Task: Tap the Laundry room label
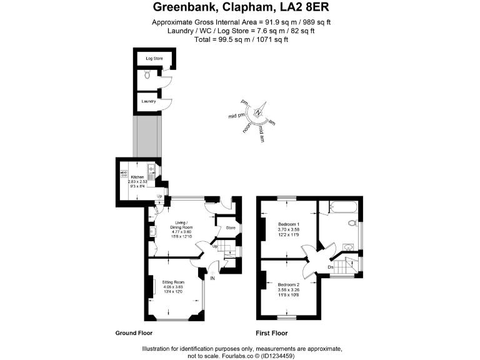[147, 101]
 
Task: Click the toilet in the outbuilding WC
[147, 75]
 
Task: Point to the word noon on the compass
[248, 127]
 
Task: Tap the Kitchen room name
[137, 177]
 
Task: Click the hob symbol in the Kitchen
[124, 174]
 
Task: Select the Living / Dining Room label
[182, 224]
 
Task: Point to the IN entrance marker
[212, 277]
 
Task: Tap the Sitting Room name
[173, 282]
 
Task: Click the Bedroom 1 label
[288, 224]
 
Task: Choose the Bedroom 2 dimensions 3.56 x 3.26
[288, 289]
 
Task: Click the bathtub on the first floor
[337, 206]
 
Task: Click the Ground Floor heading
[134, 334]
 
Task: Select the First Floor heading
[271, 334]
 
